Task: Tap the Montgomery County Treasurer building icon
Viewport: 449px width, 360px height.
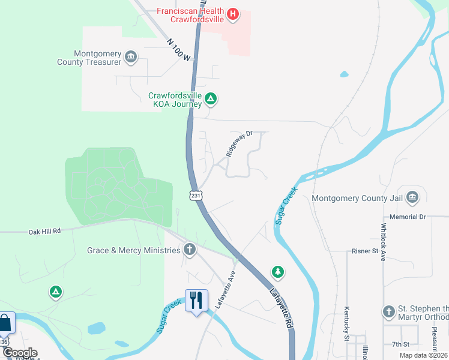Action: click(x=131, y=58)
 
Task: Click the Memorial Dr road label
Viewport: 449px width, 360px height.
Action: click(x=407, y=216)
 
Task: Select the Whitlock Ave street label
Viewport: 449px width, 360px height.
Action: click(x=382, y=242)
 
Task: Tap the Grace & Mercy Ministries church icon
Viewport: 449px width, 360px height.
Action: click(x=190, y=250)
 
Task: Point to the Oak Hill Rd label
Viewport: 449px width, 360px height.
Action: click(x=45, y=231)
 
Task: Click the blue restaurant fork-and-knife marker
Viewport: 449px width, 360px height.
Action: click(x=196, y=300)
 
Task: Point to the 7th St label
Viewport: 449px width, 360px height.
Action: click(x=400, y=344)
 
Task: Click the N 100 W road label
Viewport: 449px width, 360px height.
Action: click(x=178, y=50)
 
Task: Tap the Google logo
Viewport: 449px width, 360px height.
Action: click(x=19, y=353)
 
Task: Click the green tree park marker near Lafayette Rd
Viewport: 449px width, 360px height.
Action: click(x=278, y=272)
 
